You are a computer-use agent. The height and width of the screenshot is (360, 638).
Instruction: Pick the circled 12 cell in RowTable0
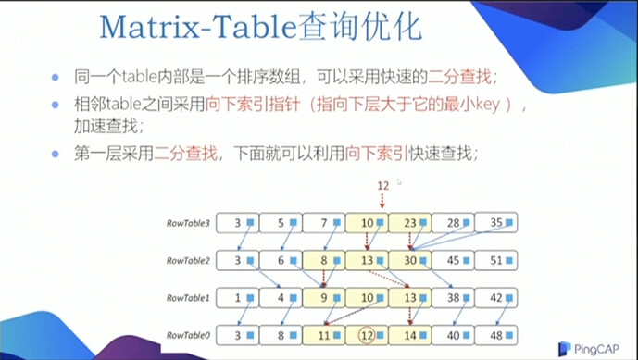pos(367,334)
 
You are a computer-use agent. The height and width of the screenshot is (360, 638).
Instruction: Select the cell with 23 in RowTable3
pos(409,222)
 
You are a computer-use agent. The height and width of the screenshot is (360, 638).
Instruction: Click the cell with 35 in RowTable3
pos(495,222)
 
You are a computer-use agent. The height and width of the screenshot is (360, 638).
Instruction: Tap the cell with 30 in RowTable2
pos(409,260)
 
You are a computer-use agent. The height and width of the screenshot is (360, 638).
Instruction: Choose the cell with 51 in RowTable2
pos(495,260)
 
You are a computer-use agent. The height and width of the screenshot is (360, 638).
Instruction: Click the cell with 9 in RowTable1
pos(324,297)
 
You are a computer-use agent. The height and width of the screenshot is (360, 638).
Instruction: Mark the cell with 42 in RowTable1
pos(495,297)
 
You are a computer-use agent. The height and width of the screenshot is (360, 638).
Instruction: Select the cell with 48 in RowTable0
pos(495,334)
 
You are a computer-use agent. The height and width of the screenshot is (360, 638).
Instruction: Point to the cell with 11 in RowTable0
pos(324,334)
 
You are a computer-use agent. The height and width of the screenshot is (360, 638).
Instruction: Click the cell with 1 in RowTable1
pos(239,297)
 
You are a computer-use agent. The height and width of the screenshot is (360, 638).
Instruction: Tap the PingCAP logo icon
pos(565,349)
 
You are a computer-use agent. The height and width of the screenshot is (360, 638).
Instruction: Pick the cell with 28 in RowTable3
pos(453,222)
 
